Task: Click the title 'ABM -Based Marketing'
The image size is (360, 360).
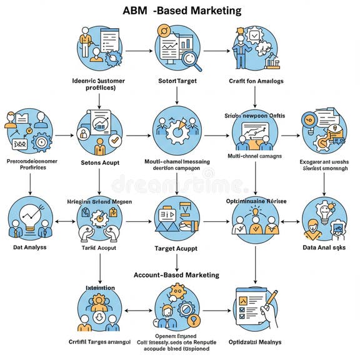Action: point(181,11)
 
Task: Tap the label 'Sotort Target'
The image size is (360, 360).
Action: point(177,81)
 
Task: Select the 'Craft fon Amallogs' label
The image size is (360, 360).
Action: point(256,81)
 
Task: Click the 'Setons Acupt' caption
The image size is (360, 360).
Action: point(100,163)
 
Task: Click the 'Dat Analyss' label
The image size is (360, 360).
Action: point(29,247)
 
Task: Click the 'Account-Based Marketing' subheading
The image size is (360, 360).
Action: point(177,274)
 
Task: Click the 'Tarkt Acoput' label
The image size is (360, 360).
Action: point(99,247)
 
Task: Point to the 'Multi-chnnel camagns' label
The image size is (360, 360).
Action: point(255,156)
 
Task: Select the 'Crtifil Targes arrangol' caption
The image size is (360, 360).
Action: point(100,341)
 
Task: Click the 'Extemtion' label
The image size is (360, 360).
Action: point(100,287)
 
